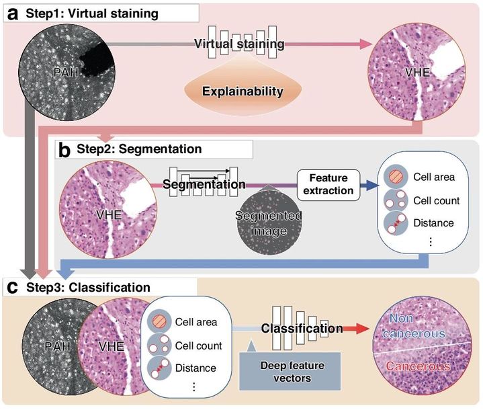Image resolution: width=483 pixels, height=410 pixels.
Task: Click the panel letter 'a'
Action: coord(11,12)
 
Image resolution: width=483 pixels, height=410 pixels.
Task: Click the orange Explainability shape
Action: coord(243,90)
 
